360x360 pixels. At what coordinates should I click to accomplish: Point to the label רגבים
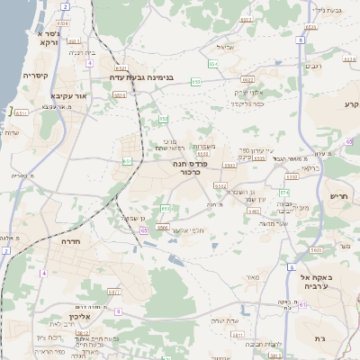[x=314, y=66]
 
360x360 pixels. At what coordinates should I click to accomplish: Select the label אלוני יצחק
[x=247, y=92]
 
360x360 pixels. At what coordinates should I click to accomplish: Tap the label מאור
[x=251, y=277]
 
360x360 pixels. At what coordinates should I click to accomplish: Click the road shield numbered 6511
[x=21, y=113]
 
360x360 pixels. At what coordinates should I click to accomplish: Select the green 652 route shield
[x=163, y=119]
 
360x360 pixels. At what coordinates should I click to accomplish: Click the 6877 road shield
[x=114, y=291]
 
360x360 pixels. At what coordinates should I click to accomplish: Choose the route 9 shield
[x=119, y=310]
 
